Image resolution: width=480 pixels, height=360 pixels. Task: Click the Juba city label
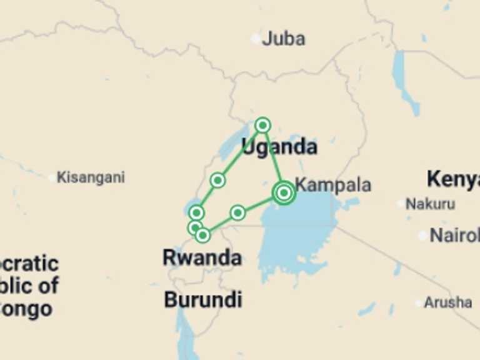point(283,39)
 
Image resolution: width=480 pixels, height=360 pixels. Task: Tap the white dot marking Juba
point(256,39)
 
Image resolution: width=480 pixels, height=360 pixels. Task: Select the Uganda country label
point(279,147)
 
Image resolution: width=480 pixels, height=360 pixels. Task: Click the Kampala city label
point(332,185)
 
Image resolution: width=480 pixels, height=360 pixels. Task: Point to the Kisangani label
point(91,177)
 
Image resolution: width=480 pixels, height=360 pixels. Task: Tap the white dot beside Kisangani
point(52,177)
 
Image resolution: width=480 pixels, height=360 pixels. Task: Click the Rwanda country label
point(202,257)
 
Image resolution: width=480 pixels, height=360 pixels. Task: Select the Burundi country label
point(202,300)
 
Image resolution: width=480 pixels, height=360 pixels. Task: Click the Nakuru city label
point(430,204)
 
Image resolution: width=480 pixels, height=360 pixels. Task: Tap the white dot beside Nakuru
point(401,204)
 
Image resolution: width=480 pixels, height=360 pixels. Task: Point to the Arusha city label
point(447,302)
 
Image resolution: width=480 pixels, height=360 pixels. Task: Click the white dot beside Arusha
point(419,303)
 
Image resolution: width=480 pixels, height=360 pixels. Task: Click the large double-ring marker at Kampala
point(284,193)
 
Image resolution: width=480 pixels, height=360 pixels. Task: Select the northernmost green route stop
point(262,125)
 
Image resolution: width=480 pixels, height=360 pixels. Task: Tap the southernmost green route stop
point(202,235)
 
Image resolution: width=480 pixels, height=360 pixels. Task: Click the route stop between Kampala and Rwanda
point(237,213)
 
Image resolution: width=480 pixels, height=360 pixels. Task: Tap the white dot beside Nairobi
point(423,236)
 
